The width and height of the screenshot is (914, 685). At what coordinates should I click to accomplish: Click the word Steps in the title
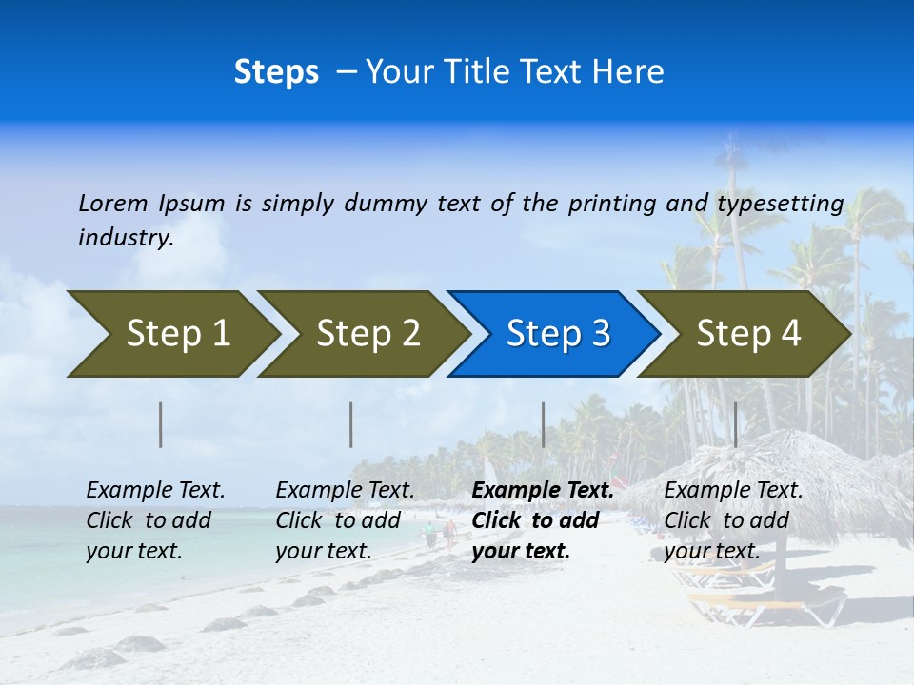point(276,72)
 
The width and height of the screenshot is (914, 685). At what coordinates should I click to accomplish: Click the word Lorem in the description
point(112,204)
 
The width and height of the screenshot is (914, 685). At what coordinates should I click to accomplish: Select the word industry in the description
point(125,238)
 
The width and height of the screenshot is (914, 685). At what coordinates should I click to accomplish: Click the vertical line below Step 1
point(161,424)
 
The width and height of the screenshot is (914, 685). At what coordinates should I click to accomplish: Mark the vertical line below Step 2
point(351,424)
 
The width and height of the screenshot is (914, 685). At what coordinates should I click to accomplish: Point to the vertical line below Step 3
point(543,424)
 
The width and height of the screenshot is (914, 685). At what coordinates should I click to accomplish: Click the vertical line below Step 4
point(735,424)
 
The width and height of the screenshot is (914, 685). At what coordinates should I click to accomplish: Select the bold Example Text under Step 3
point(543,491)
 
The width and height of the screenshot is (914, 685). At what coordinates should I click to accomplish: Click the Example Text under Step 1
point(155,491)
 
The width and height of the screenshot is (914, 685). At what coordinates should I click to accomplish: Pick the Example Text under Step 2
point(345,491)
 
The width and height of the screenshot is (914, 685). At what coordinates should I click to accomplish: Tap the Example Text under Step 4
point(733,491)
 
